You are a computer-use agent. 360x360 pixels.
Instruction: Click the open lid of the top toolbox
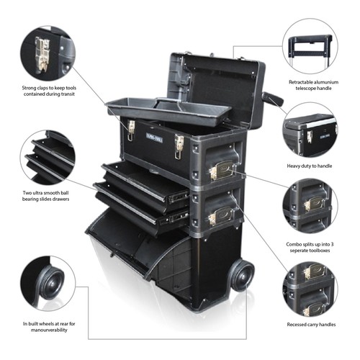[x=216, y=79]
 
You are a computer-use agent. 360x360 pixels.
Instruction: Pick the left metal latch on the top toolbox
[x=131, y=130]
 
